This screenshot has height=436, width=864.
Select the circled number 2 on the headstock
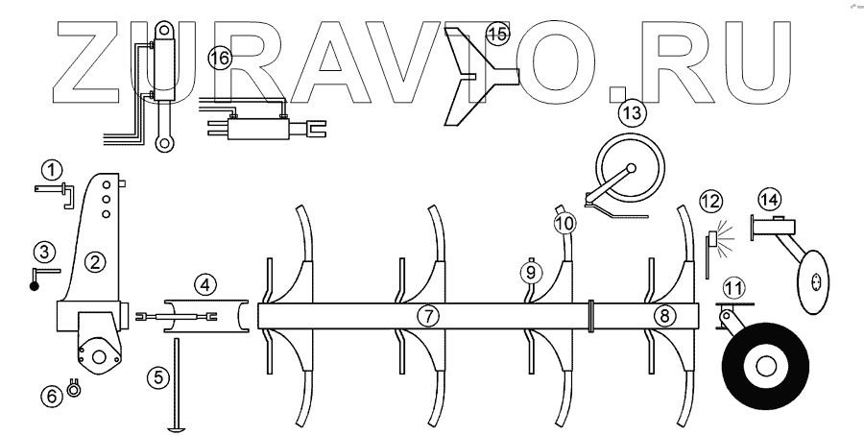pyautogui.click(x=94, y=259)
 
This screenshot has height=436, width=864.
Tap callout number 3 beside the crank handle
pyautogui.click(x=42, y=253)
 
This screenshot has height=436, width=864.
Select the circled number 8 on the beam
pyautogui.click(x=665, y=315)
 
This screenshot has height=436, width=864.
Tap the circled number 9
pyautogui.click(x=529, y=272)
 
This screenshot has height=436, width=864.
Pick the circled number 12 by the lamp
pyautogui.click(x=708, y=203)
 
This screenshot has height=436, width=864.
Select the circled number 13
pyautogui.click(x=632, y=113)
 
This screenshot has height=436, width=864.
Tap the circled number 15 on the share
pyautogui.click(x=496, y=35)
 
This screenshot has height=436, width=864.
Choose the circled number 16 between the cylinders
pyautogui.click(x=219, y=59)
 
